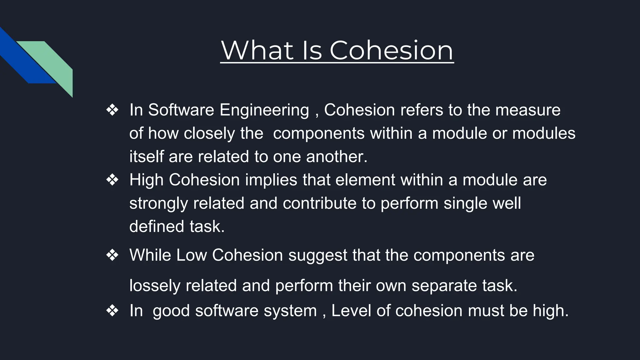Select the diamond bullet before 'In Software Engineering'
tap(112, 110)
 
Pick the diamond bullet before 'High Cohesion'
tap(112, 180)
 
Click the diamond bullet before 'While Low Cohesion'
tap(112, 255)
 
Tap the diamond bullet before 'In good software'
tap(112, 311)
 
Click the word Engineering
tap(264, 110)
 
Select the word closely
tap(209, 133)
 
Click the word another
tap(336, 157)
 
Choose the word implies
tap(271, 180)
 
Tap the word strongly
tap(158, 203)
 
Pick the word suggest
tap(317, 255)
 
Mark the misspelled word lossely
tap(155, 286)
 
